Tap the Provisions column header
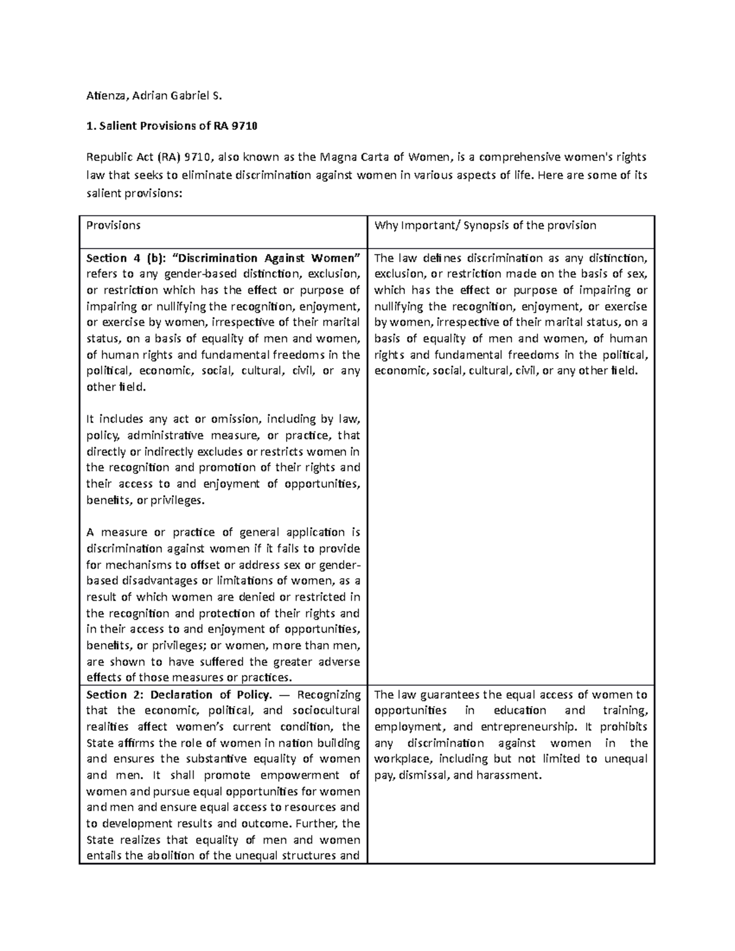coord(113,225)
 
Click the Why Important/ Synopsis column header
coord(485,225)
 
